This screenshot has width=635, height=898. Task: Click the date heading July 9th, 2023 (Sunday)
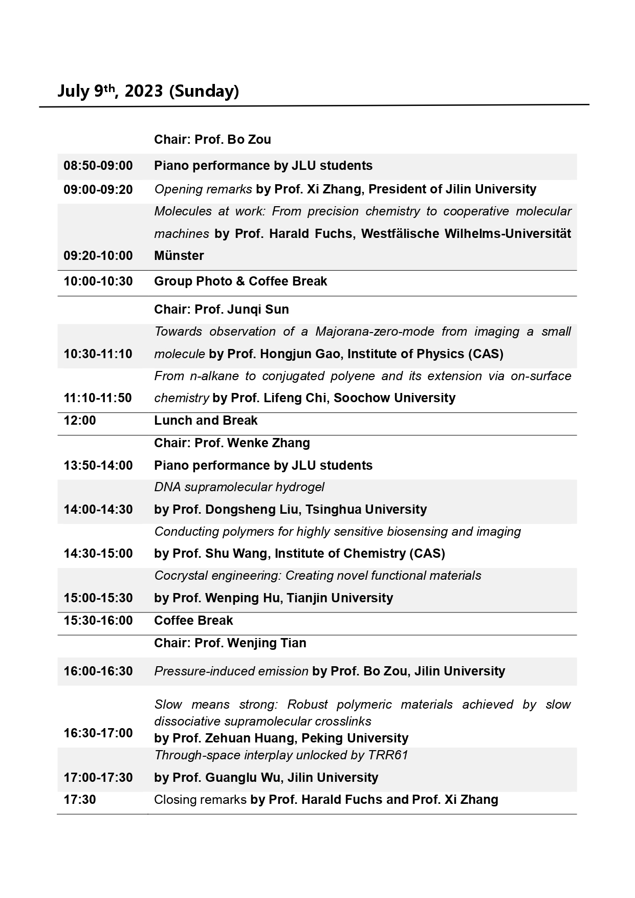[148, 91]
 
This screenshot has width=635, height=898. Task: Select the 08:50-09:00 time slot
[98, 166]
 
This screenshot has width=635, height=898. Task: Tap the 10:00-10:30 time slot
[98, 281]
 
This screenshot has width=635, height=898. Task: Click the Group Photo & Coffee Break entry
[240, 281]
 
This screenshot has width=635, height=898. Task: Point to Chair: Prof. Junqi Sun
[222, 310]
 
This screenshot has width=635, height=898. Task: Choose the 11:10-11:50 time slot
[98, 398]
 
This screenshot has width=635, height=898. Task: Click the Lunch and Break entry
[206, 421]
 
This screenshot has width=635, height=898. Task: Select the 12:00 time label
[80, 421]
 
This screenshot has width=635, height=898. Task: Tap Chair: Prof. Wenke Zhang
[232, 443]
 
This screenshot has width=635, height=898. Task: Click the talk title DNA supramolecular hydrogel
[239, 487]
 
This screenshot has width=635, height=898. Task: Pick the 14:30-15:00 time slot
[98, 554]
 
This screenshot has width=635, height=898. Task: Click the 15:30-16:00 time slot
[98, 621]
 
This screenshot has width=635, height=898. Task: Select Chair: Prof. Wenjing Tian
[230, 643]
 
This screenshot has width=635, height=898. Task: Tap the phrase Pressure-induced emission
[231, 671]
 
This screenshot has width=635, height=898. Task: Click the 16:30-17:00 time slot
[98, 733]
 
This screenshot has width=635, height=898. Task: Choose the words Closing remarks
[200, 800]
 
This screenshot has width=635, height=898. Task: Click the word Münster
[179, 256]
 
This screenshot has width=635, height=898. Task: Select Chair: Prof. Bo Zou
[212, 140]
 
